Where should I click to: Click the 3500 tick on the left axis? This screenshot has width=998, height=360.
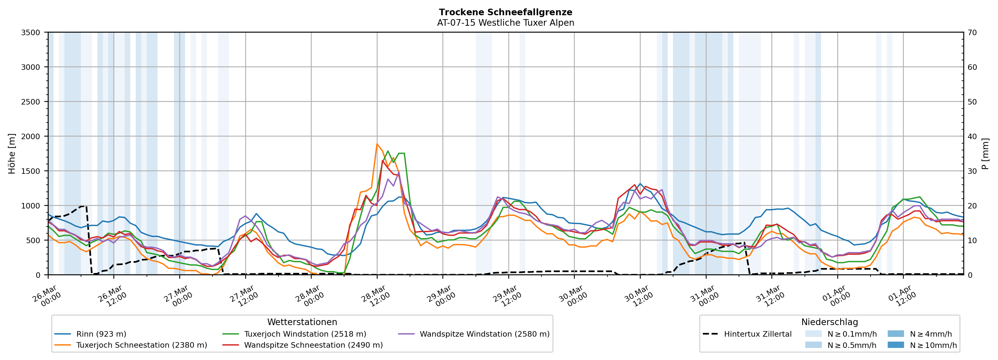click(31, 33)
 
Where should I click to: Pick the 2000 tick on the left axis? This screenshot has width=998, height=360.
click(31, 136)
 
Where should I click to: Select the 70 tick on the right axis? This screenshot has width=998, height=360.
click(972, 33)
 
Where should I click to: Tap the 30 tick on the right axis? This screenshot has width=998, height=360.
click(972, 171)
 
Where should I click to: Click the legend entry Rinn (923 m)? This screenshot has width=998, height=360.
click(101, 334)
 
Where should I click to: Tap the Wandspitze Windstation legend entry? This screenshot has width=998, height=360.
click(484, 334)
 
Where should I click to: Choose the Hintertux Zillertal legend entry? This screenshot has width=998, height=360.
click(757, 334)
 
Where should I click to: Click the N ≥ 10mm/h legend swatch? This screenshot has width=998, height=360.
click(895, 345)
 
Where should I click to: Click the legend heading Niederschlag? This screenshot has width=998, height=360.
click(829, 322)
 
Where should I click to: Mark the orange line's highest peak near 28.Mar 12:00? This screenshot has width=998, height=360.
click(377, 144)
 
